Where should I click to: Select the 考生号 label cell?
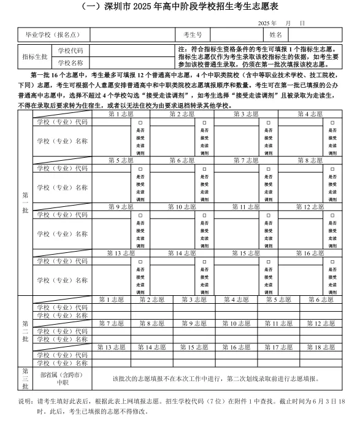[191, 34]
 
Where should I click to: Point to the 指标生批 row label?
[36, 56]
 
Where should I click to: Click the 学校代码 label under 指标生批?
[71, 50]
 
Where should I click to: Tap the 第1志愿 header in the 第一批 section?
[120, 114]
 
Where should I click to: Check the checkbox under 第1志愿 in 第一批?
[140, 122]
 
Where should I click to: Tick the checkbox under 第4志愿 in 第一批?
[332, 122]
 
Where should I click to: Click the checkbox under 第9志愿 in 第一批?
[140, 215]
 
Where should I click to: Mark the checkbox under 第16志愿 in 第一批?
[332, 261]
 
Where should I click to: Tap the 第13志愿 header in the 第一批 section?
[120, 253]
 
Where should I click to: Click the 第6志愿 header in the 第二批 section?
[320, 300]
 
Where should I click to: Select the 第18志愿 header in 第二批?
[320, 347]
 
